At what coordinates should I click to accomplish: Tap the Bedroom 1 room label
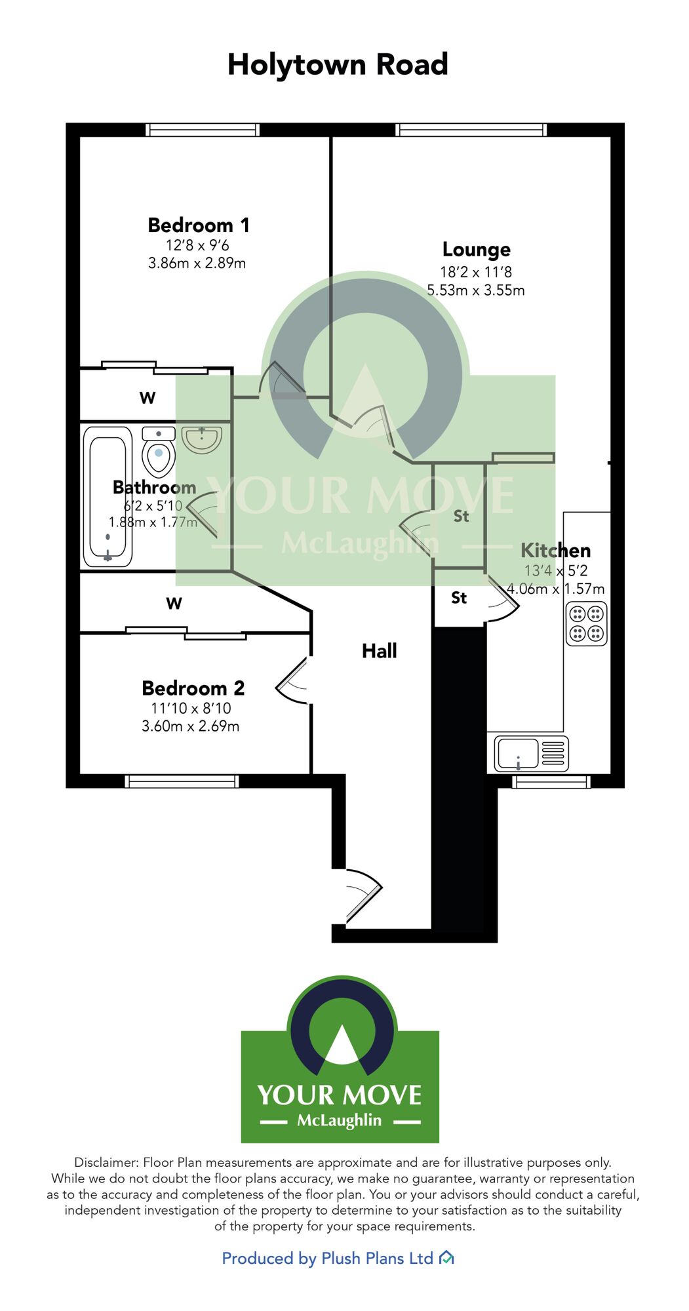coord(199,225)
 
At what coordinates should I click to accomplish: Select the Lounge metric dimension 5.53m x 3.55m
coord(476,290)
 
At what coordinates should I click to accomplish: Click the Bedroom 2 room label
coord(193,688)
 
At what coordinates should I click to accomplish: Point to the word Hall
coord(380,651)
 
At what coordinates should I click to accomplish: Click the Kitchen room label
coord(556,551)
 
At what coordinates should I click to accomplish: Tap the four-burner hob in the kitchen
coord(587,624)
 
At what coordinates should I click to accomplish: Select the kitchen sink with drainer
coord(532,753)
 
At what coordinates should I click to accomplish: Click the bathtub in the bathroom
coord(108,497)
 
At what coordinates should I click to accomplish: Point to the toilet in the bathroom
coord(159,452)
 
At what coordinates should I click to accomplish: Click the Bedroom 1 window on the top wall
coord(203,130)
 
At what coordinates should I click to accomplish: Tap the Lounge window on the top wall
coord(471,130)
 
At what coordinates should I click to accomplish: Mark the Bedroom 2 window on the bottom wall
coord(182,781)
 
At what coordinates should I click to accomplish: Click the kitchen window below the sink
coord(551,781)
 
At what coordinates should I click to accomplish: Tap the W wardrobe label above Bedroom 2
coord(174,604)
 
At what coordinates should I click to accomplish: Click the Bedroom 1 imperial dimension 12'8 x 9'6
coord(197,246)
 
